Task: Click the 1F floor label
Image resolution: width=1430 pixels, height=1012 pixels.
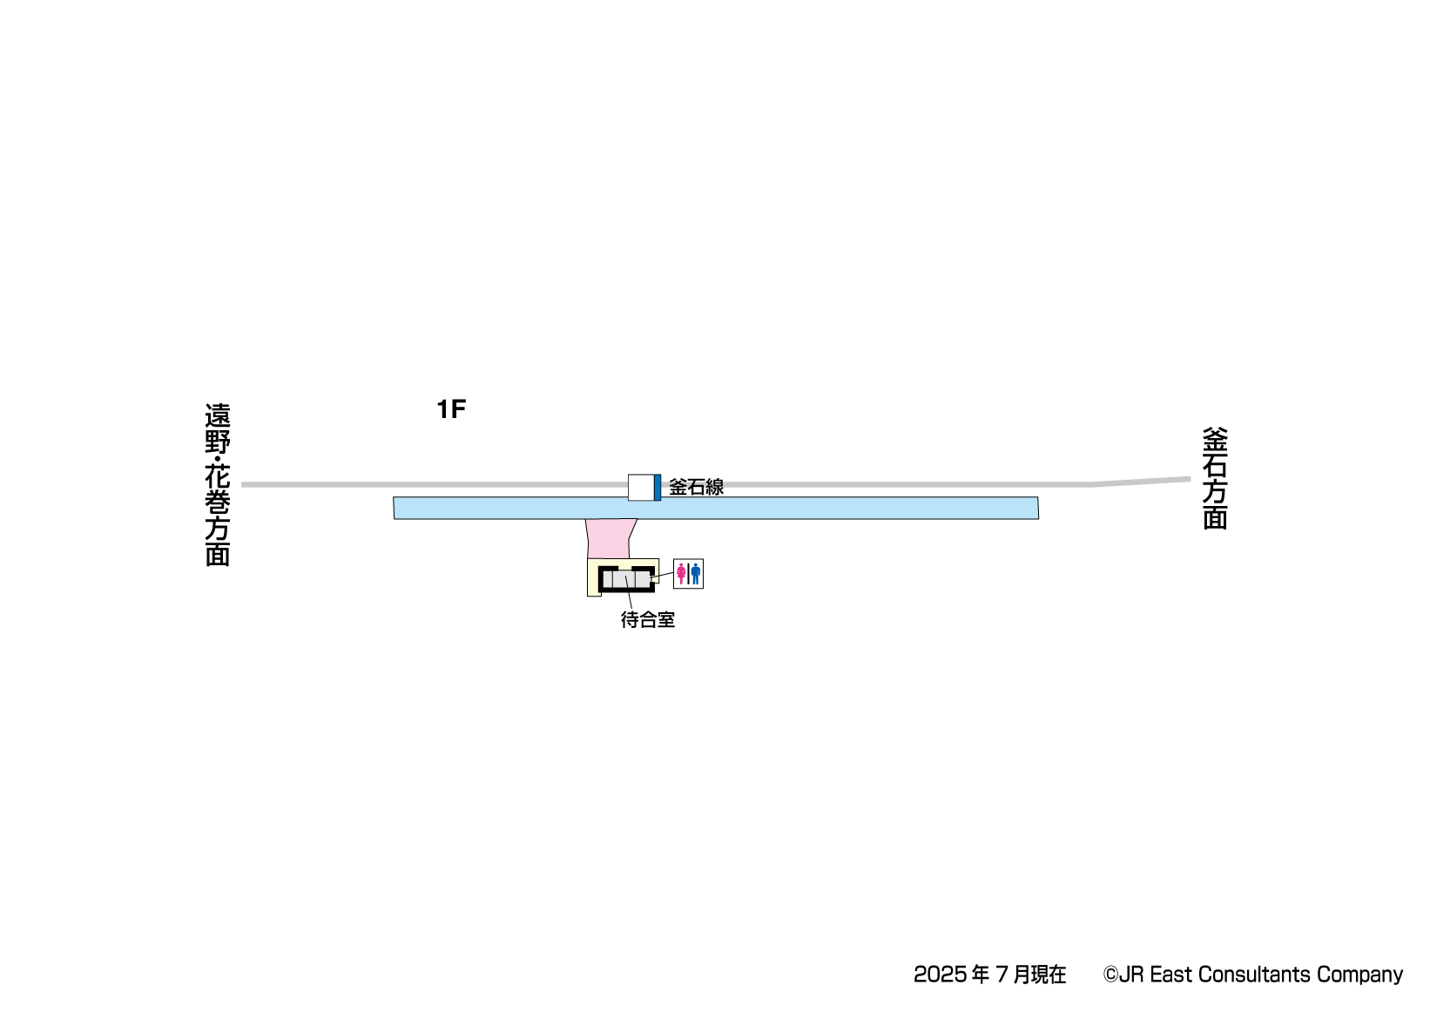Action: [x=451, y=409]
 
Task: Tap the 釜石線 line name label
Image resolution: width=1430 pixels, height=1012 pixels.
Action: [x=696, y=487]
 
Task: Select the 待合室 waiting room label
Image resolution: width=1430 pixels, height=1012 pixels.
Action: [x=647, y=619]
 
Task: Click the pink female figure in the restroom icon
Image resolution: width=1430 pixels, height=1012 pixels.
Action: [x=681, y=573]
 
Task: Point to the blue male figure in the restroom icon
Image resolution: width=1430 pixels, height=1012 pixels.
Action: [x=695, y=573]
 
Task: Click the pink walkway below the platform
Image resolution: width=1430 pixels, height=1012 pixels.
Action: [x=610, y=539]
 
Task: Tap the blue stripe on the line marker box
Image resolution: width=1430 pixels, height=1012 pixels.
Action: [x=657, y=488]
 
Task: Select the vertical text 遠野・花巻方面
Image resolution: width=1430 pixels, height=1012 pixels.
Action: [x=217, y=484]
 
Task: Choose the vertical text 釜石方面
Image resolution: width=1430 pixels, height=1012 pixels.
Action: [x=1215, y=478]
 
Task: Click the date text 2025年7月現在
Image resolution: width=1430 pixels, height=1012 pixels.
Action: [x=989, y=975]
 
